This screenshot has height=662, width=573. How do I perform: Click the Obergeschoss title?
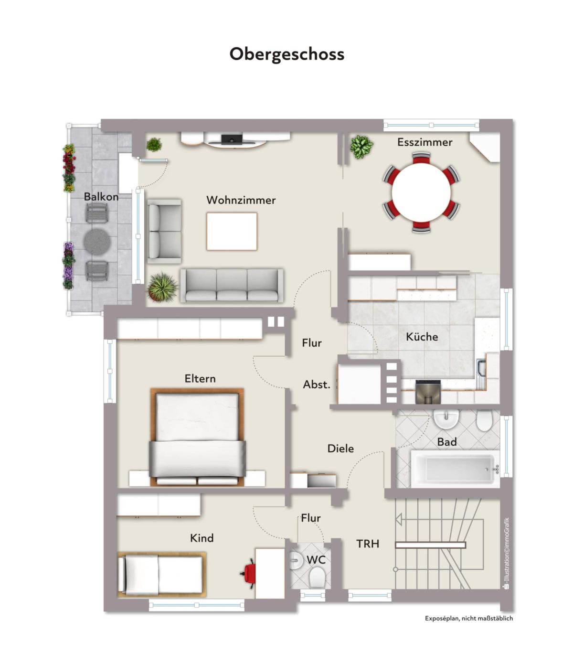click(287, 54)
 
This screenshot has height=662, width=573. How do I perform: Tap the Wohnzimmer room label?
click(241, 200)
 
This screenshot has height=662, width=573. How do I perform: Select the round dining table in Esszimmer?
click(421, 192)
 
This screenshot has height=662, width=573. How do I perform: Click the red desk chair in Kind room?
click(249, 573)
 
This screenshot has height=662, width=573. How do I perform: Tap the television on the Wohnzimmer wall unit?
click(232, 139)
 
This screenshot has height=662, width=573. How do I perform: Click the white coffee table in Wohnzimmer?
click(232, 231)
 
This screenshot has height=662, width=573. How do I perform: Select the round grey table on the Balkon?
click(97, 241)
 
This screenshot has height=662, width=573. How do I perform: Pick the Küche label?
click(422, 337)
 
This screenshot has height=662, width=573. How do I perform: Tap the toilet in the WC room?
click(317, 576)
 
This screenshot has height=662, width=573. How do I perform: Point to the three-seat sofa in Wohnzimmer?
click(232, 285)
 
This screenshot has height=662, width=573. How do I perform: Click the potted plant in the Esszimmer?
click(361, 147)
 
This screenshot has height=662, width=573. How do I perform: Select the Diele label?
click(340, 448)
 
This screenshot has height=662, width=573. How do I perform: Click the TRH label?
click(368, 544)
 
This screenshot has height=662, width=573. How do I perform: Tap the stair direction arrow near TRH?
click(399, 520)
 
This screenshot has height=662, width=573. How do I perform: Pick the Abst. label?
click(317, 384)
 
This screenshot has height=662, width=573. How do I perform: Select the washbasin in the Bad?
click(446, 419)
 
